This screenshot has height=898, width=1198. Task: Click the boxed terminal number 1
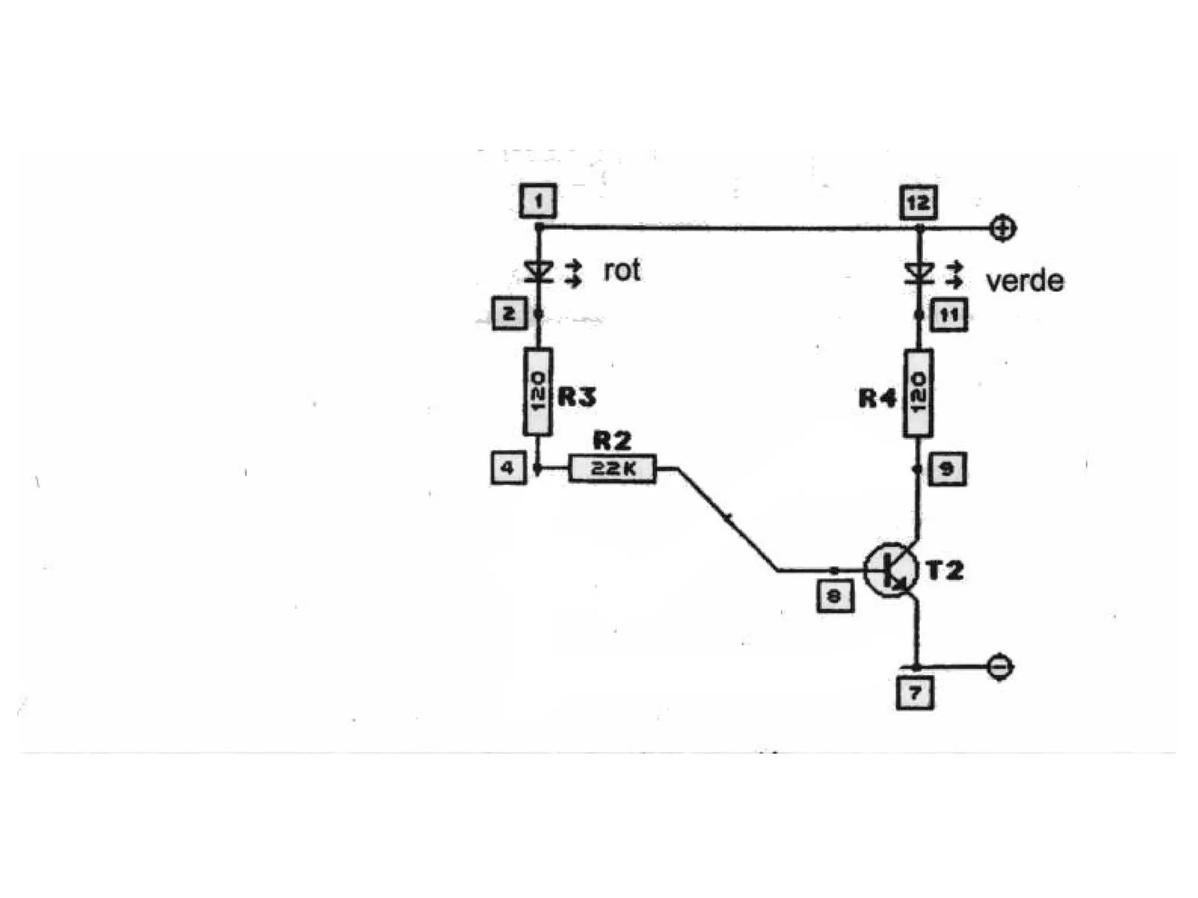click(x=538, y=201)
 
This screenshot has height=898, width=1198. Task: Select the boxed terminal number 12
click(x=918, y=202)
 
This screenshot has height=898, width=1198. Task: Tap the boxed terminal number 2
click(x=509, y=314)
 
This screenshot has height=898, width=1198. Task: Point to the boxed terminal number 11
click(x=948, y=315)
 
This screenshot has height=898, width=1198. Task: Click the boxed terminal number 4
click(x=508, y=468)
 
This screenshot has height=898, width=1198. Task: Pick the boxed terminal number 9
click(x=947, y=469)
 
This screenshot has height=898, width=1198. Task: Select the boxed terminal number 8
click(x=834, y=596)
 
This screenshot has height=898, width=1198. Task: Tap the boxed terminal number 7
click(x=915, y=693)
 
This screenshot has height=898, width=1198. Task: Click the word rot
click(x=622, y=271)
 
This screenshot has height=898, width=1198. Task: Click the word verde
click(x=1024, y=281)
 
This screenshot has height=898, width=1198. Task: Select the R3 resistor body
click(x=538, y=393)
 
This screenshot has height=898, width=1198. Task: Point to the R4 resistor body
click(x=918, y=393)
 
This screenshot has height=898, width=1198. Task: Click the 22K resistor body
click(x=612, y=468)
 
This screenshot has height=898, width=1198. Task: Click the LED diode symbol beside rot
click(x=539, y=272)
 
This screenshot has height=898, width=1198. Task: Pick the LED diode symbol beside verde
click(x=918, y=273)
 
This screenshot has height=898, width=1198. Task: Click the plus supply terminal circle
click(x=1003, y=228)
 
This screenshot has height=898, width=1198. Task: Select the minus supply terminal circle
click(x=1000, y=667)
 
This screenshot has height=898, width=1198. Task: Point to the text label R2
click(x=612, y=441)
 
